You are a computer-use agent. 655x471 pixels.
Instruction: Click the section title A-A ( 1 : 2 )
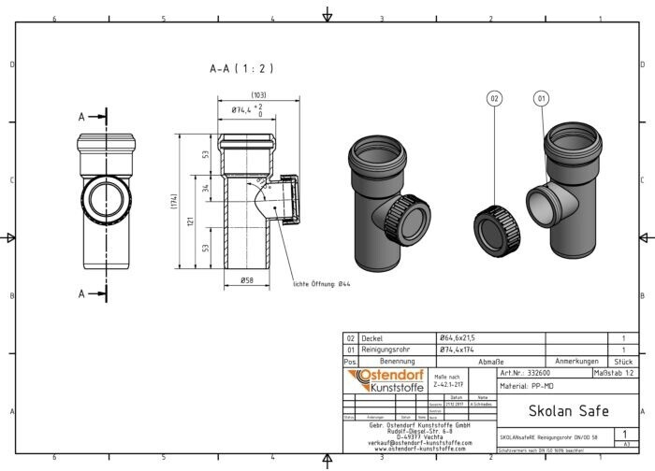point(241,69)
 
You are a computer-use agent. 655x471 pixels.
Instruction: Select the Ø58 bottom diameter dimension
point(247,280)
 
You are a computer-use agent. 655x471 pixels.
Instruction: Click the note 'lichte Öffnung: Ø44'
point(324,284)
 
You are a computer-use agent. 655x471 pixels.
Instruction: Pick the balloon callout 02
point(495,97)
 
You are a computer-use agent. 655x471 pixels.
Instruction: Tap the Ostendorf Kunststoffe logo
point(386,380)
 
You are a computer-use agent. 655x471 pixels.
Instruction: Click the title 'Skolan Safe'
point(569,410)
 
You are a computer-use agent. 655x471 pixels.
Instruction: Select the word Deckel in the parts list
point(373,338)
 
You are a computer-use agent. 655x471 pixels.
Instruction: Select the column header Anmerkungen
point(575,360)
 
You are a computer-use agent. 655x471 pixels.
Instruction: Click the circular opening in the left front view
point(99,198)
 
